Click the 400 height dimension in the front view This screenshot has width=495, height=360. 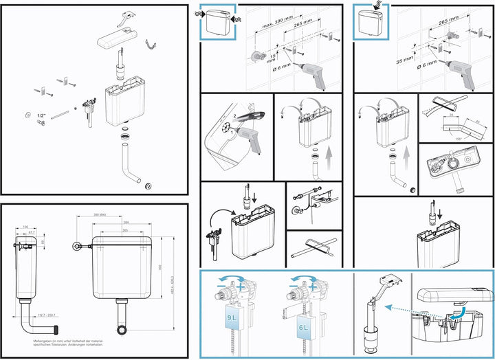(158, 267)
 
